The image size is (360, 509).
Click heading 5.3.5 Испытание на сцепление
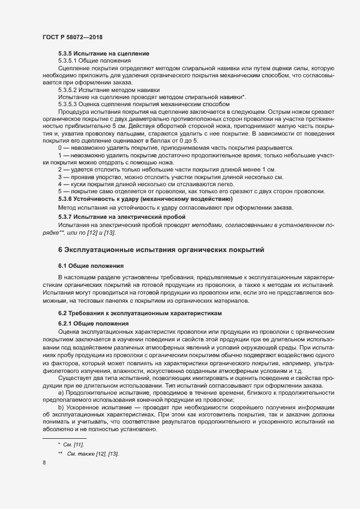point(103,54)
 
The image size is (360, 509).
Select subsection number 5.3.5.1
point(68,62)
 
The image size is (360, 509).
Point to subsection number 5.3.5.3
point(68,103)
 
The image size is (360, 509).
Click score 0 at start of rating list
point(60,148)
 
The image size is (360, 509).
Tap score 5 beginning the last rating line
point(60,191)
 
